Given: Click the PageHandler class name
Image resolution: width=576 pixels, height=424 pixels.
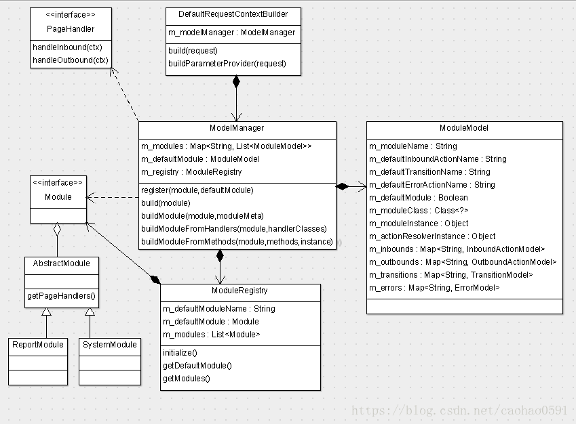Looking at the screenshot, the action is [x=71, y=29].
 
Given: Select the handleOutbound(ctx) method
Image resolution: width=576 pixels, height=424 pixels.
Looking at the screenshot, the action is [x=71, y=60].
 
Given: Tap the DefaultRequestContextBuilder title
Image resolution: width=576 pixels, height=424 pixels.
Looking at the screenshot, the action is [x=233, y=14].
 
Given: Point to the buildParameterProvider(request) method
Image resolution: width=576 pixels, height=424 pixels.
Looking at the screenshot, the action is [x=227, y=64].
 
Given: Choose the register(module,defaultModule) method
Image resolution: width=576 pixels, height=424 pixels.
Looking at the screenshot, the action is [x=197, y=190].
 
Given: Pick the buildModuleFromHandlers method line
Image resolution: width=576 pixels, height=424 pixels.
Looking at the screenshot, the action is [x=234, y=229].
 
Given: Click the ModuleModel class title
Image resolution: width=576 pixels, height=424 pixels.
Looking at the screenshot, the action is [x=464, y=128].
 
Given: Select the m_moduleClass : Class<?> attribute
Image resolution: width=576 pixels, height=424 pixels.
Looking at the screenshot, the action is [x=419, y=211].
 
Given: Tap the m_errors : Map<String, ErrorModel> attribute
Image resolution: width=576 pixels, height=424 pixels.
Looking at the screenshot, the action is [x=434, y=288].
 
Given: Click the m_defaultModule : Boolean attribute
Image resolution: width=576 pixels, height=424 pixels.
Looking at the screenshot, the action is [x=419, y=198].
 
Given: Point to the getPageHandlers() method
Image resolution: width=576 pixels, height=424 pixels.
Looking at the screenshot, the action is [x=61, y=296].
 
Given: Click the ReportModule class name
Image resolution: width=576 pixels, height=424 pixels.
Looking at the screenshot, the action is [x=38, y=345].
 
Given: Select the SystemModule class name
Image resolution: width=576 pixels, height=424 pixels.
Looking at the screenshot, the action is [x=109, y=345].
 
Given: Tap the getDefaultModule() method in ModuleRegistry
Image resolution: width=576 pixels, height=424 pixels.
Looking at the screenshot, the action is [x=197, y=366].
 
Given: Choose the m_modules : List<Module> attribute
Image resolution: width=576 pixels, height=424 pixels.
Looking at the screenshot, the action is [x=211, y=335].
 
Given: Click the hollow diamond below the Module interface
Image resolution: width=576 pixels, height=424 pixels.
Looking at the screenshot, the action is [x=57, y=229].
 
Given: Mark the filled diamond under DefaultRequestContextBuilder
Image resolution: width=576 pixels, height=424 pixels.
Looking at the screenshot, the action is [x=236, y=82].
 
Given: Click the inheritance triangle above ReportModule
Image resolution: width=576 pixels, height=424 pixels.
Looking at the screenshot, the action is [x=46, y=312].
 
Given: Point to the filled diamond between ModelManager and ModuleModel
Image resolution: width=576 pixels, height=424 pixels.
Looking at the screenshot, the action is [x=343, y=186].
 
